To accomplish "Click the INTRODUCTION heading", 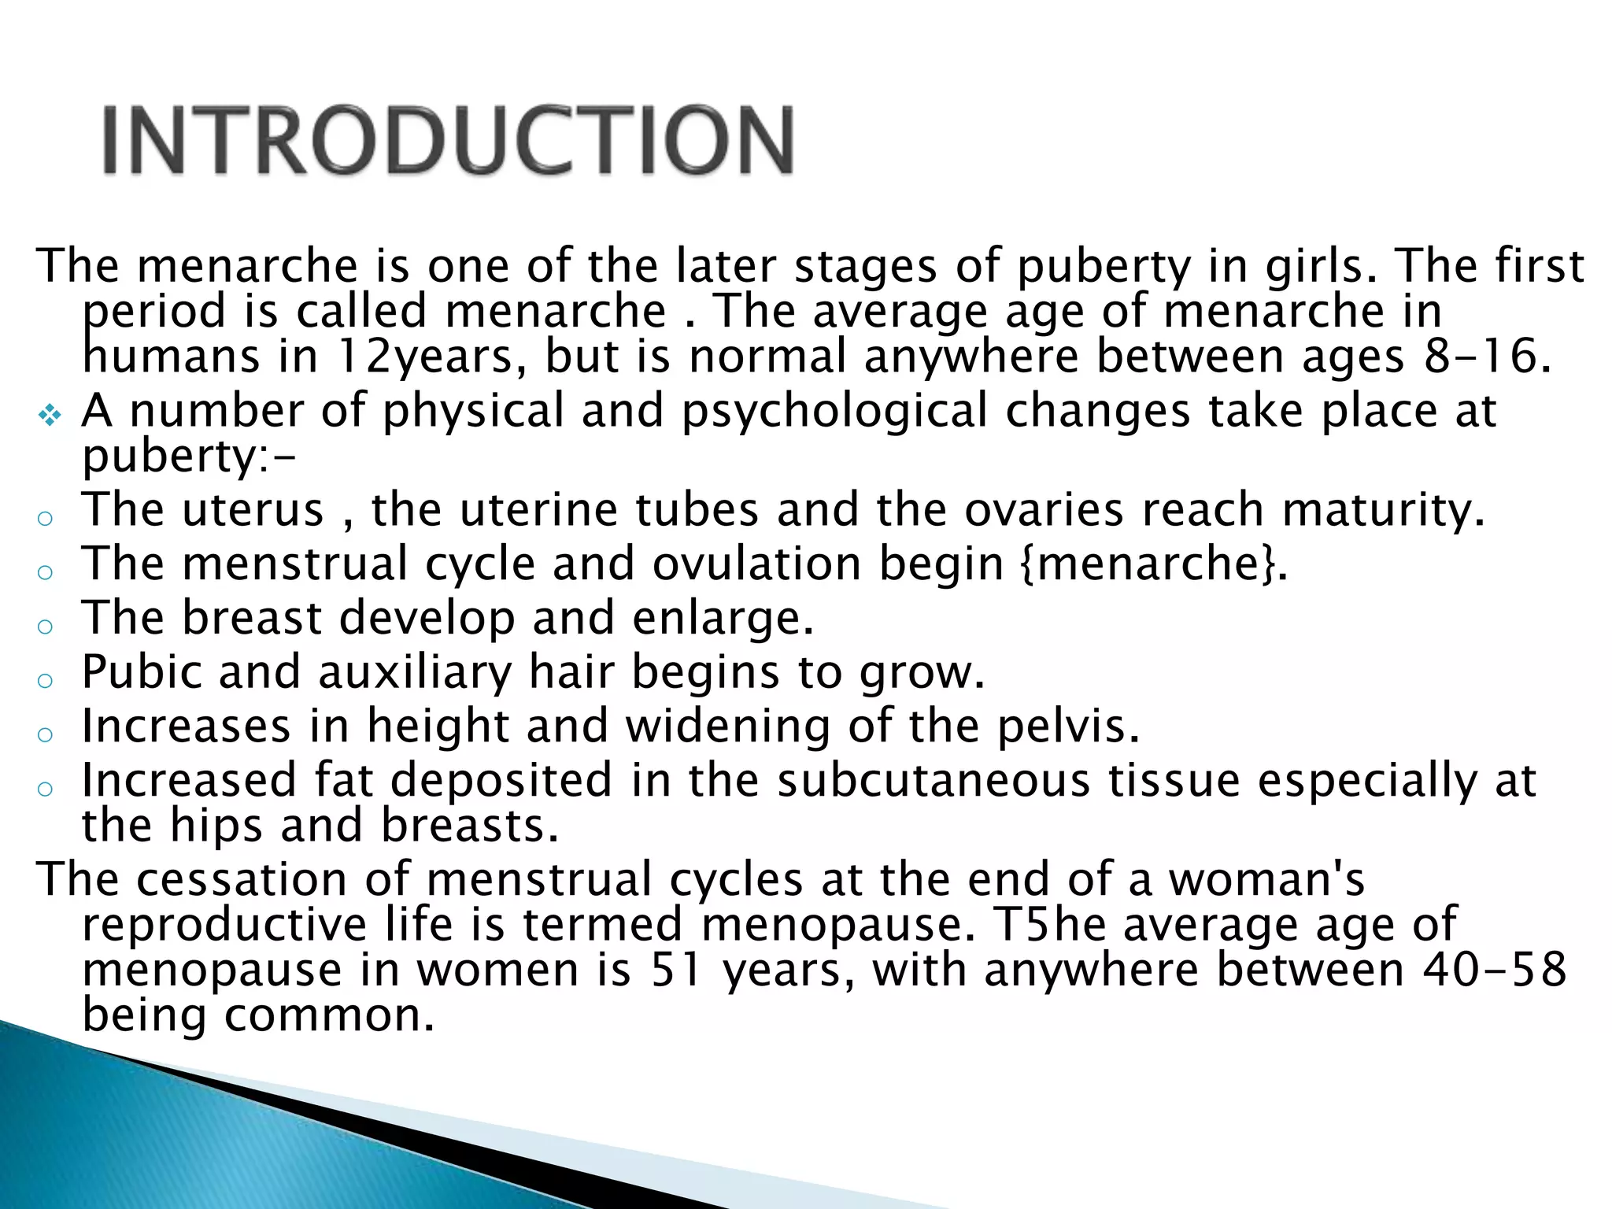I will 448,140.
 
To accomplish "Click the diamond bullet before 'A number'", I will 50,415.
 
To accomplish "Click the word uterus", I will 253,509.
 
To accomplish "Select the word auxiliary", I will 415,672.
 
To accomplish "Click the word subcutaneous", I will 934,780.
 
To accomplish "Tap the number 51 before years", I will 675,970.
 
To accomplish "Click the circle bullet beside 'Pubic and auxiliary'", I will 46,679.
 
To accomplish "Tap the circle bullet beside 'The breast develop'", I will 46,626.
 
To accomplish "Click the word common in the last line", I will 329,1015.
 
